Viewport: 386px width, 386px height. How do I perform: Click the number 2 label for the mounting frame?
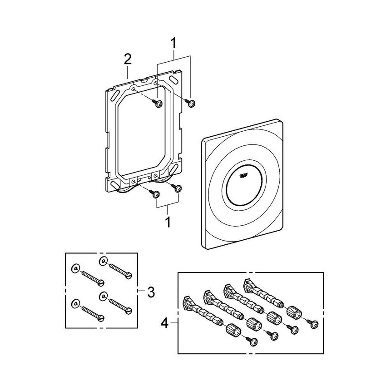pos(128,59)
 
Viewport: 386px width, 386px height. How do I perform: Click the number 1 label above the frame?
pos(173,44)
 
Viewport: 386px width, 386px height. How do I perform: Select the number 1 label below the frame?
pos(168,223)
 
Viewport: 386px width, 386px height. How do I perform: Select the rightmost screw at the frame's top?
pos(191,104)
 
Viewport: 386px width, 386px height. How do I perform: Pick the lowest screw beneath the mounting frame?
pos(156,194)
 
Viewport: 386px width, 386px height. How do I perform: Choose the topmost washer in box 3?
pos(103,261)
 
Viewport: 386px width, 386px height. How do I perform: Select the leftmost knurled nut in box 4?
pos(232,329)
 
